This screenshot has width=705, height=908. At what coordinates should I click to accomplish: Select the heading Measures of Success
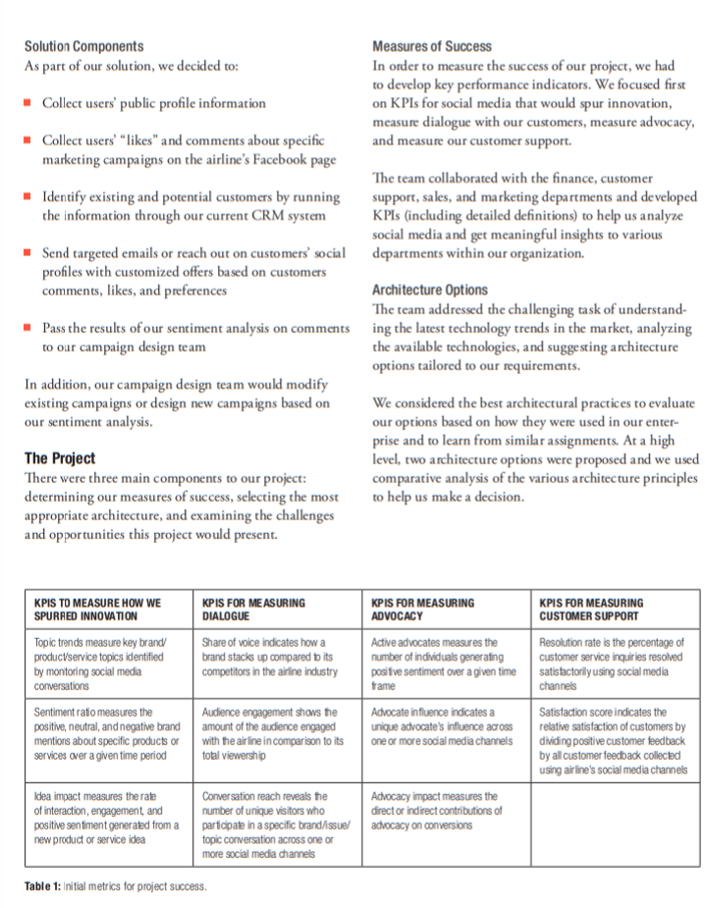(x=432, y=46)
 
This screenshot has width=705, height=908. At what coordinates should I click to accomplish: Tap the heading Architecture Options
(x=429, y=290)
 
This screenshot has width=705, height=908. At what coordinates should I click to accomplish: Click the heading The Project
(x=60, y=458)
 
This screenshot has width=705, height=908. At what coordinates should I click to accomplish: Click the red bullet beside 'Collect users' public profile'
(x=28, y=103)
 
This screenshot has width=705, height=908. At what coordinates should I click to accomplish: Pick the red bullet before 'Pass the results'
(x=28, y=327)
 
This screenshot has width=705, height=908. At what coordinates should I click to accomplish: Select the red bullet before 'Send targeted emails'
(x=28, y=252)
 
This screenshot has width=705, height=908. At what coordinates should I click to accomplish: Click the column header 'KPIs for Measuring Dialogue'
(x=253, y=609)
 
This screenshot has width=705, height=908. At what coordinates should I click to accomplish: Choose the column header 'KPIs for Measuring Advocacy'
(x=422, y=609)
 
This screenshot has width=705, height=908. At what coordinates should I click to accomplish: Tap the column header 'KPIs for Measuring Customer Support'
(x=591, y=609)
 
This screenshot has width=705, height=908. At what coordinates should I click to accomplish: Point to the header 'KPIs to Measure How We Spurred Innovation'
(x=97, y=609)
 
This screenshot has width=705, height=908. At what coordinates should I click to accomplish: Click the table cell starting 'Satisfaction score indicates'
(x=615, y=741)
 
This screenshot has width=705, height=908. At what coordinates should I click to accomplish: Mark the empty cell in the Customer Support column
(x=616, y=825)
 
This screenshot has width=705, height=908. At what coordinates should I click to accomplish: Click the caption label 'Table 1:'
(x=42, y=886)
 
